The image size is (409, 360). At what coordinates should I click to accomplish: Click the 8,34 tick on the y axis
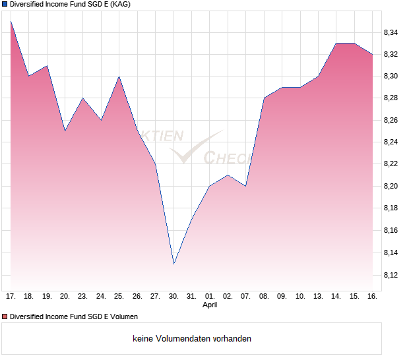391,32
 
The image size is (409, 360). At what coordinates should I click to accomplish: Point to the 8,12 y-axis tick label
391,274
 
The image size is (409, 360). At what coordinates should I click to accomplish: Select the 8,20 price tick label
391,187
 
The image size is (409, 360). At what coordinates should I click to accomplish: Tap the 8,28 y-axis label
391,98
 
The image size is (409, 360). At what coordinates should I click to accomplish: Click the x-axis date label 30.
173,297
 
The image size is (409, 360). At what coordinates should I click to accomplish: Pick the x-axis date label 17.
11,297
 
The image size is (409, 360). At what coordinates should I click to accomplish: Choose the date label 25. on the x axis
119,297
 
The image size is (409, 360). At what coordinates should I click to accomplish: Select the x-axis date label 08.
264,297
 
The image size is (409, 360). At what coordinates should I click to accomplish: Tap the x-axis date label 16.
372,297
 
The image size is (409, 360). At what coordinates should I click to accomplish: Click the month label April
210,305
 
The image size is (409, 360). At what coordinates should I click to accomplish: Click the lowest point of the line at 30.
173,264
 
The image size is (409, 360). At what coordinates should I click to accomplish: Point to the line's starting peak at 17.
11,22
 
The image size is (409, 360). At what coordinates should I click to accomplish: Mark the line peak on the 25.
119,76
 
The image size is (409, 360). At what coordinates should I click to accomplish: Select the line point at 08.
264,98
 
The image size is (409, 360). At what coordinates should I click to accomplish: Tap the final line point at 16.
372,54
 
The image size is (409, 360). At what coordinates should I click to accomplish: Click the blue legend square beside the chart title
5,5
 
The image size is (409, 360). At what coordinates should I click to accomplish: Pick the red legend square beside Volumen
5,316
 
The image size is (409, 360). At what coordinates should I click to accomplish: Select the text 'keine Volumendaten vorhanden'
192,339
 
